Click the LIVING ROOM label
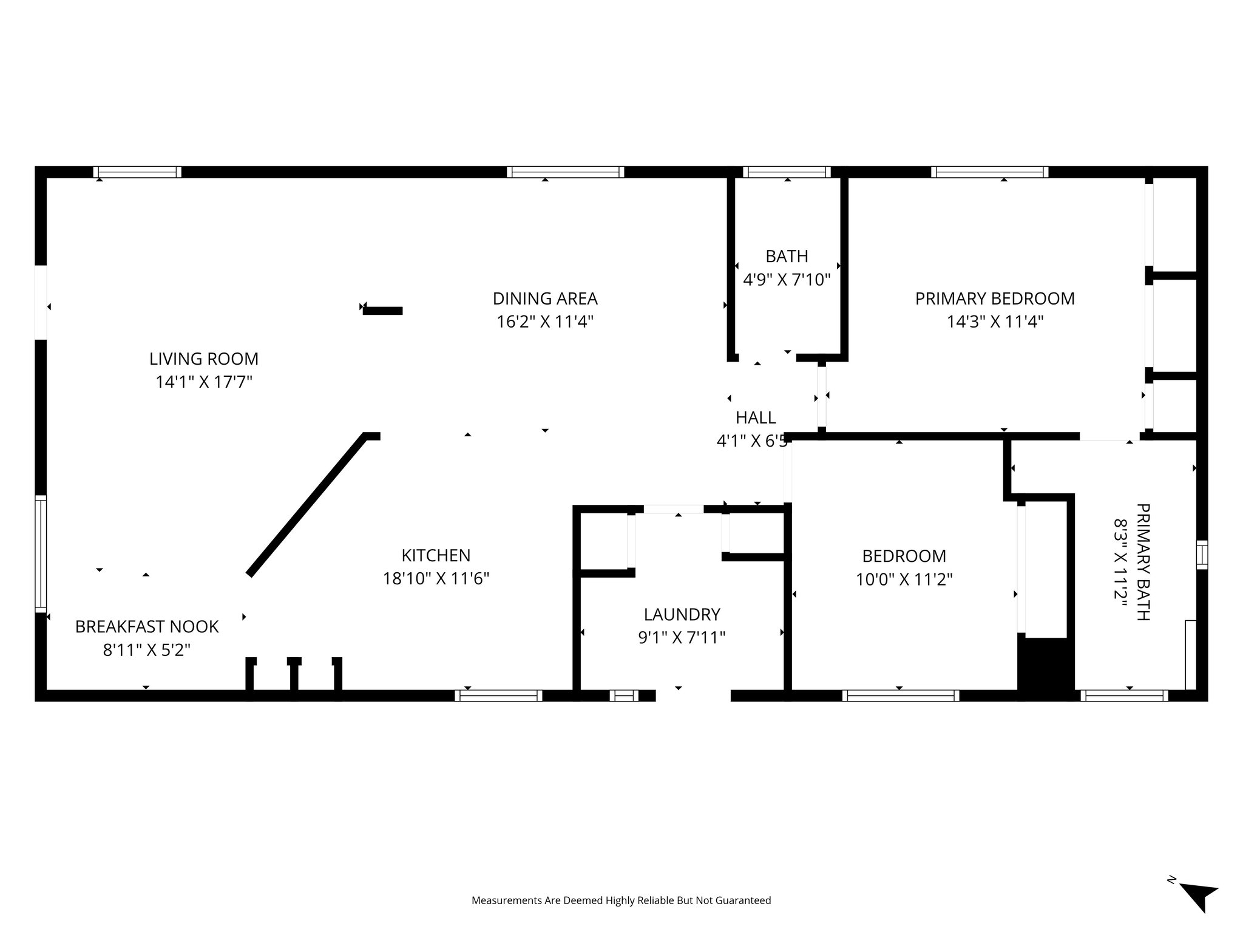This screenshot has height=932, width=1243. click(x=204, y=359)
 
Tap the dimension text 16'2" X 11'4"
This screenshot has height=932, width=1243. click(x=544, y=322)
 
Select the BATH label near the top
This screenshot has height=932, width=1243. click(x=787, y=257)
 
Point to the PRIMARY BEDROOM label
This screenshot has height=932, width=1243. click(x=995, y=299)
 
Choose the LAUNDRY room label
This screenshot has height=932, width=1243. click(x=682, y=615)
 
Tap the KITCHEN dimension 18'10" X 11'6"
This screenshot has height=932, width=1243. click(x=436, y=579)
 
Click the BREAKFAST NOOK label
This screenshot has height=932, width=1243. click(x=146, y=627)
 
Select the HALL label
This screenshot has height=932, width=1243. click(x=756, y=417)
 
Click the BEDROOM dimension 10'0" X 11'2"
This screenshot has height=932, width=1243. click(x=904, y=579)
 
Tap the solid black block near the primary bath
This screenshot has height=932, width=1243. click(x=1046, y=667)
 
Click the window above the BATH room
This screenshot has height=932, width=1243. click(x=787, y=172)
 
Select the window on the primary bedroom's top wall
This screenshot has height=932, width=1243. click(x=989, y=172)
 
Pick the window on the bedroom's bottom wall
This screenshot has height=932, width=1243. click(x=901, y=696)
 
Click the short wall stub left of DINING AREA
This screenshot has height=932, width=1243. click(x=383, y=311)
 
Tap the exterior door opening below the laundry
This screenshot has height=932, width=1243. click(x=693, y=695)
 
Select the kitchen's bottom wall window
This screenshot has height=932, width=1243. click(x=498, y=696)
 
